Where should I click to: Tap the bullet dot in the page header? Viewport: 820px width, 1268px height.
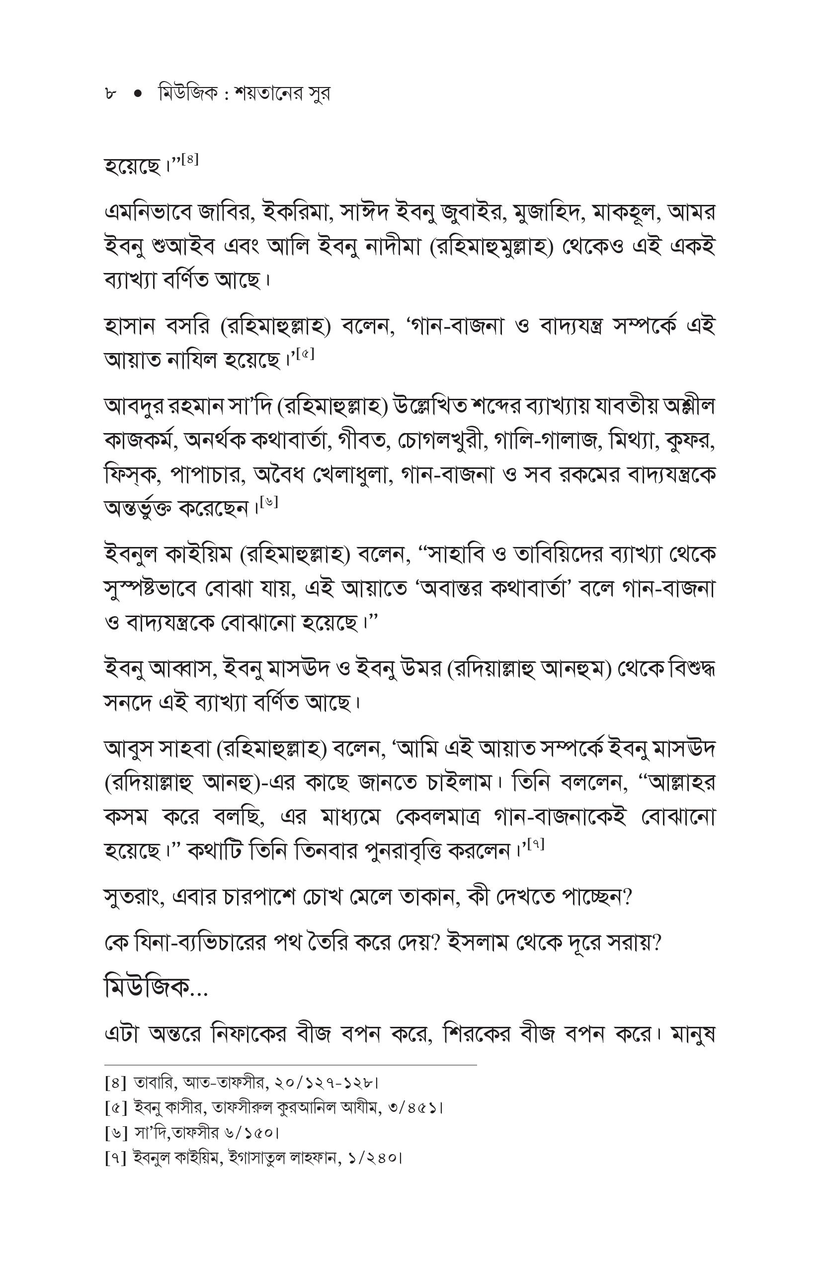pos(139,94)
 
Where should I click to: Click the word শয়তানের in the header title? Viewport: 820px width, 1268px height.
pos(261,94)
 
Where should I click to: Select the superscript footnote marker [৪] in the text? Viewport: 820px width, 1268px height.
pos(190,159)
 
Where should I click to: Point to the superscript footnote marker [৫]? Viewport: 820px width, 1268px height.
pos(305,353)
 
